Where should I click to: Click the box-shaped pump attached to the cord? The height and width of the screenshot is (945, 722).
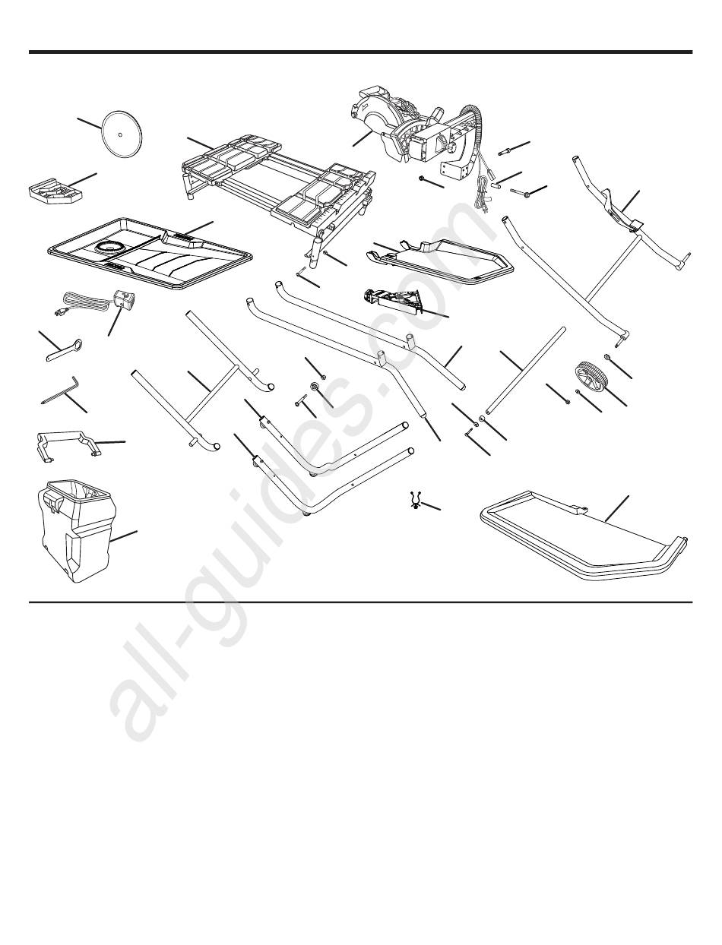click(123, 298)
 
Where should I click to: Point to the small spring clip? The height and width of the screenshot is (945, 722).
click(416, 501)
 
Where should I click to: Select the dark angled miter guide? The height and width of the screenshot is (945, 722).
click(393, 300)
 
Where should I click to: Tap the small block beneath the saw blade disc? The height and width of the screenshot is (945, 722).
click(55, 193)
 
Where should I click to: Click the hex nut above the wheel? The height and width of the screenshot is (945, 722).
click(606, 356)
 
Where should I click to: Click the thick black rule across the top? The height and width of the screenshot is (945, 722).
click(361, 52)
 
